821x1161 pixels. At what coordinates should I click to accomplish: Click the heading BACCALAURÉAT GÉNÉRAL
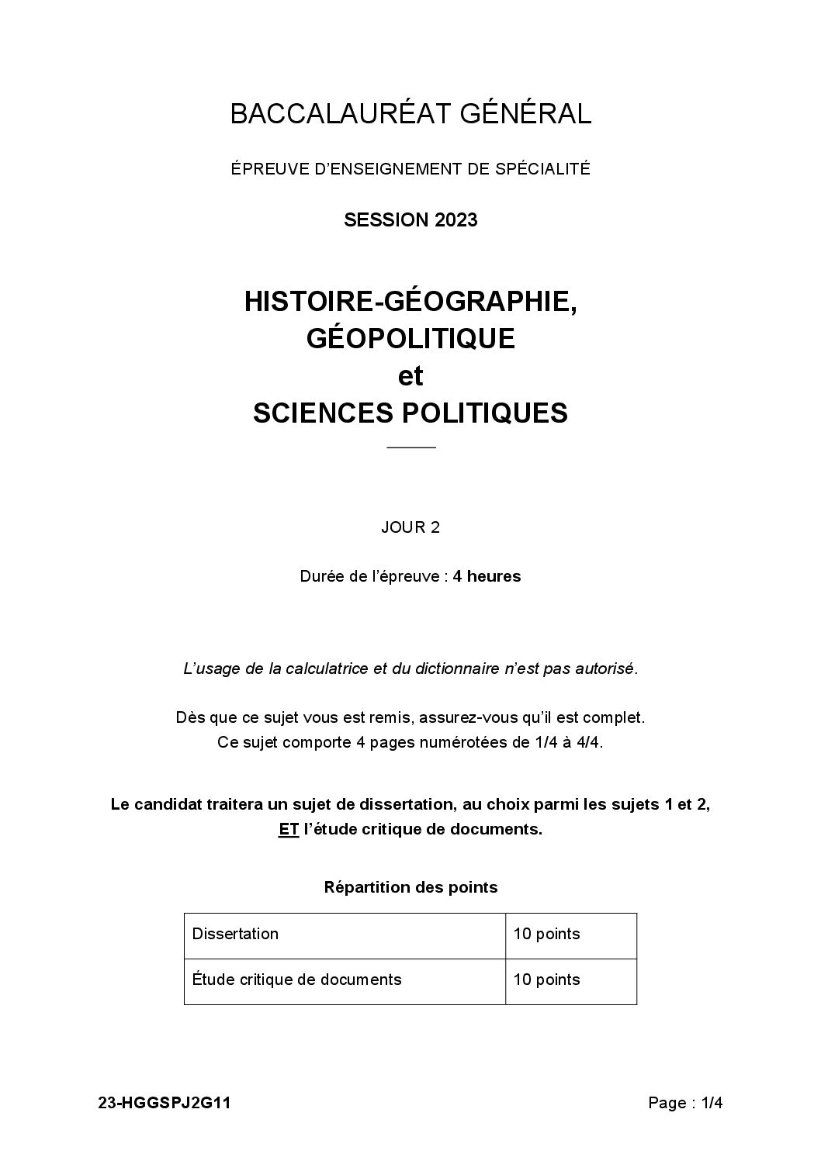click(x=410, y=115)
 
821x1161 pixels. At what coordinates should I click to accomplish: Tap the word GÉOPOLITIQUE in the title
click(x=410, y=338)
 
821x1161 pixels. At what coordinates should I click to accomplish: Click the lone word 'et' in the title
click(x=410, y=375)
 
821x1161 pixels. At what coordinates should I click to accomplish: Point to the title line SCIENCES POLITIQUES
click(x=410, y=413)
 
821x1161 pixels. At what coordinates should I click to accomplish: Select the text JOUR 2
click(x=410, y=528)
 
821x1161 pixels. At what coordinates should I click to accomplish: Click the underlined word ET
click(x=289, y=829)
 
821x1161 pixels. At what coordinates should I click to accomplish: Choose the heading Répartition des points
click(x=410, y=887)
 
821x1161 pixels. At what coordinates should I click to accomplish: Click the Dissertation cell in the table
click(x=235, y=934)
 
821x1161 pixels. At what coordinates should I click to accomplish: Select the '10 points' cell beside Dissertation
click(x=546, y=934)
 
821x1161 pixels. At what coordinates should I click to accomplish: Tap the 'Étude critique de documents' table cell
click(x=297, y=980)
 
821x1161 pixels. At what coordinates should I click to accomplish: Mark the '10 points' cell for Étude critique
click(x=546, y=980)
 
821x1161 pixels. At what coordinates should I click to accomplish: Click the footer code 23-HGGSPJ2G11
click(x=164, y=1104)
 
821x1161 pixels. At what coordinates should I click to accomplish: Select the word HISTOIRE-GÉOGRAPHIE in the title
click(x=408, y=301)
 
